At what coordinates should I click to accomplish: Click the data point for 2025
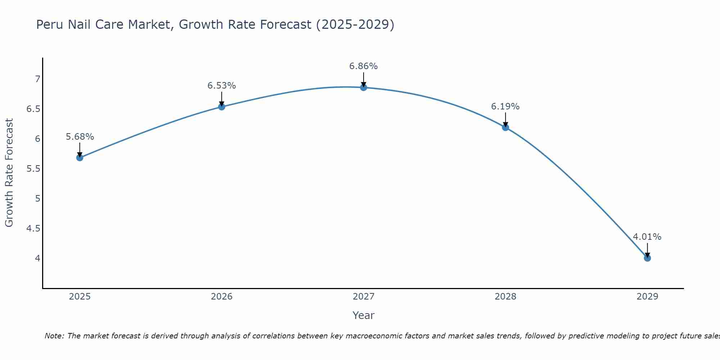tap(80, 158)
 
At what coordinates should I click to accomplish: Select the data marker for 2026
tap(222, 107)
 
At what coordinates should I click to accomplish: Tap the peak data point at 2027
tap(364, 87)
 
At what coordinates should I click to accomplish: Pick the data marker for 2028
tap(505, 127)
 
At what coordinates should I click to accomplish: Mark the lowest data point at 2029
tap(647, 258)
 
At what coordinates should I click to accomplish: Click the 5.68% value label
tap(80, 137)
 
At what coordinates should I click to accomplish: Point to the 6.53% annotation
tap(222, 86)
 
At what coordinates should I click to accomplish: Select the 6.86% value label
tap(364, 66)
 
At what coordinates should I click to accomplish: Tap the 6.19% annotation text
tap(505, 107)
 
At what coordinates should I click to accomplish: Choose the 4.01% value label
tap(647, 237)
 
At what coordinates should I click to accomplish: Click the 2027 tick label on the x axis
tap(364, 297)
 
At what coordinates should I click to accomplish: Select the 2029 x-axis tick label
tap(647, 297)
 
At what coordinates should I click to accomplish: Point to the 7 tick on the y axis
tap(37, 79)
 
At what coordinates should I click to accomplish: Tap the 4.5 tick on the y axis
tap(33, 228)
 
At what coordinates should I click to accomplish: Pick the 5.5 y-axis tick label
tap(33, 168)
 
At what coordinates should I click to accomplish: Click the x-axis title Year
tap(364, 315)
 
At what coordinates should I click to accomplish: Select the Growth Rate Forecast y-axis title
tap(9, 173)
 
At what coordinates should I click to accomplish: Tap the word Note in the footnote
tap(54, 336)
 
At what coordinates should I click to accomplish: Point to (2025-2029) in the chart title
tap(355, 24)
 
